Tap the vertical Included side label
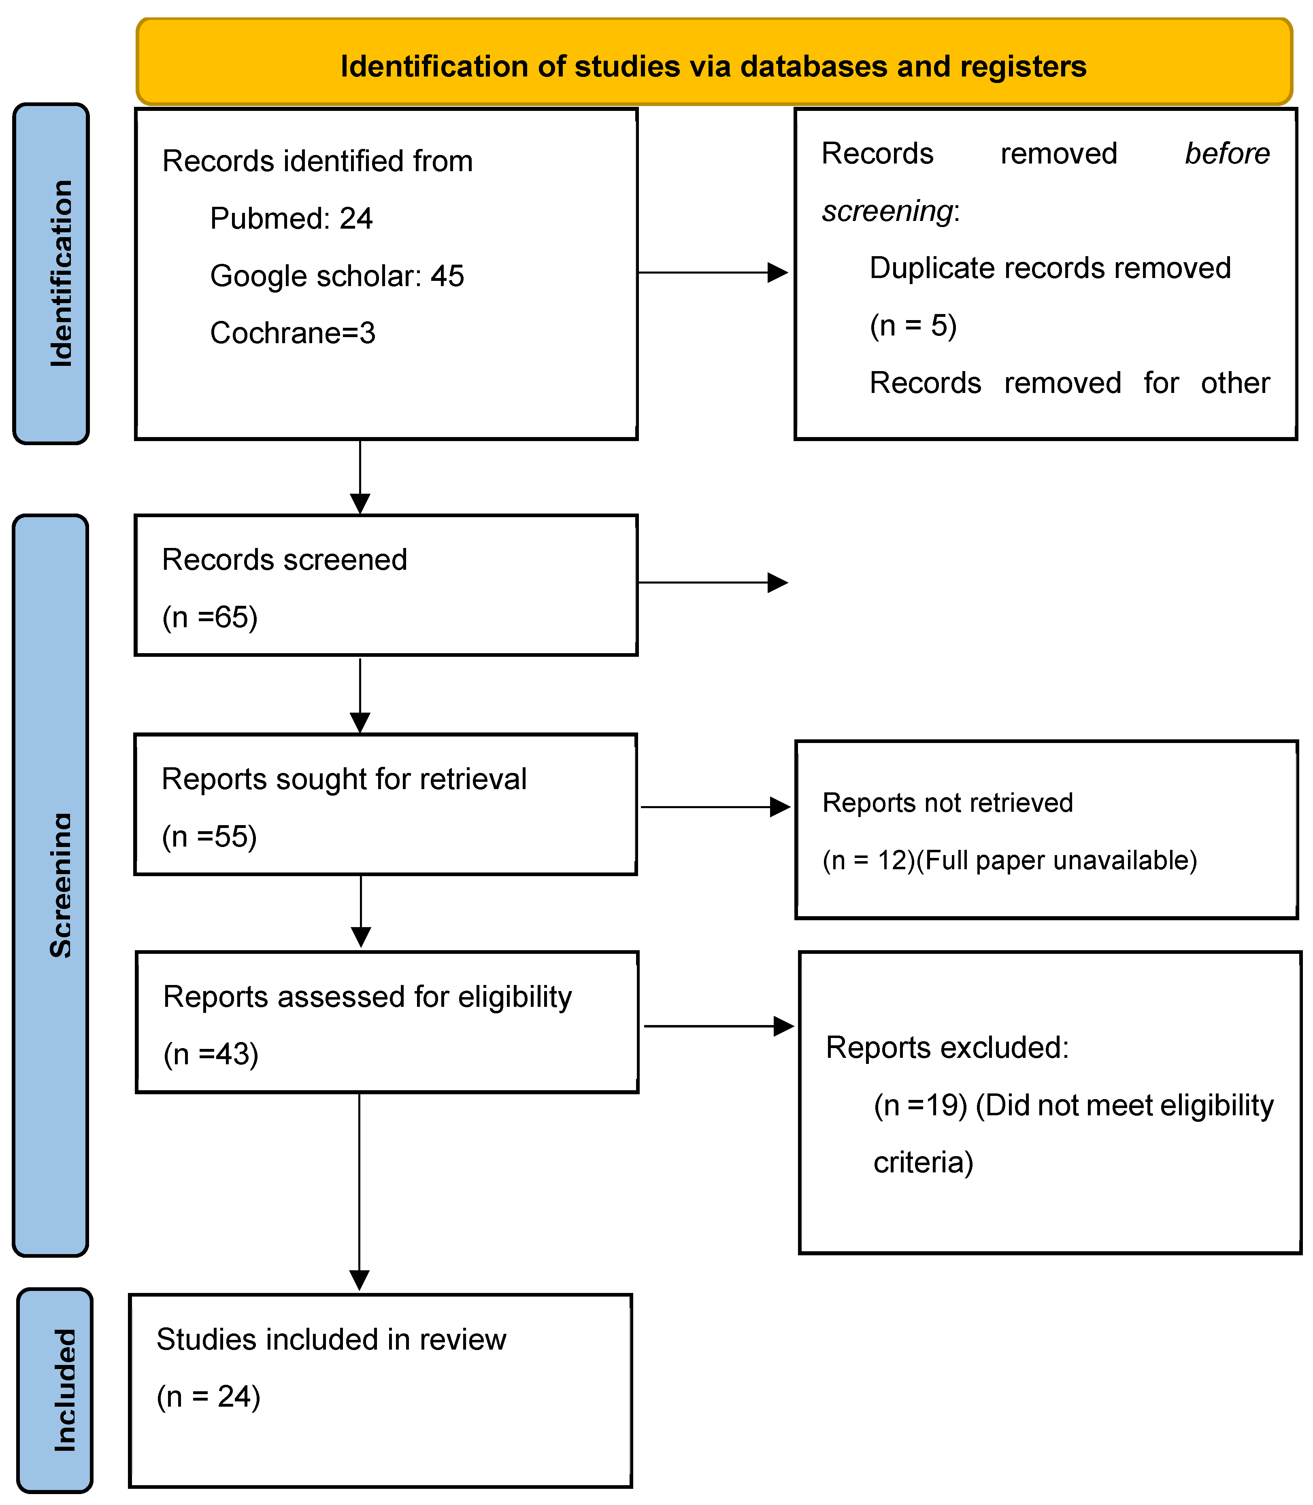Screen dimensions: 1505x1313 tap(64, 1389)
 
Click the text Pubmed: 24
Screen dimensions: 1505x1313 tap(291, 218)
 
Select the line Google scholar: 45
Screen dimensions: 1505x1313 tap(336, 276)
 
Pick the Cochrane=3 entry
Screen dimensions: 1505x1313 tap(292, 333)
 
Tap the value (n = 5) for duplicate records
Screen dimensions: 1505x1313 tap(913, 325)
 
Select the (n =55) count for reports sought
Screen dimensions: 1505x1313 tap(210, 836)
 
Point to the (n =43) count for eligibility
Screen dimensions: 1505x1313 tap(211, 1054)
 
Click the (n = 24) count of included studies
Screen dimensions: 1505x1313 tap(208, 1397)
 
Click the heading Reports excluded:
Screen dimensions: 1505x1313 tap(947, 1047)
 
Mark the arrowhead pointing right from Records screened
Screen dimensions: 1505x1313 tap(777, 583)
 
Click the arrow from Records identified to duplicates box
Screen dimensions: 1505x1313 tap(711, 272)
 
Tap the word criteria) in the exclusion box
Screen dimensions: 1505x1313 tap(922, 1162)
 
